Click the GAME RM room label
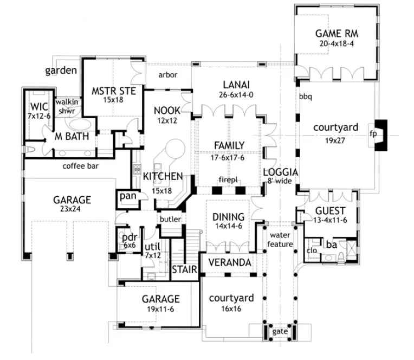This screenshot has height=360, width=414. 337,34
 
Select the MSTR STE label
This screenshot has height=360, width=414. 113,90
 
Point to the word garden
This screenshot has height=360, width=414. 61,70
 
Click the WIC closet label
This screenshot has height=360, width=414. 40,106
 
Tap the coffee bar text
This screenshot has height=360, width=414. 81,166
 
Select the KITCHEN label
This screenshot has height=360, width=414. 162,176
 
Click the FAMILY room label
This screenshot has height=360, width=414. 229,145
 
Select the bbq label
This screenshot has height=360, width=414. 305,97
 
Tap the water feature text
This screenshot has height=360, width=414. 281,240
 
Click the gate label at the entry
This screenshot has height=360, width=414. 280,331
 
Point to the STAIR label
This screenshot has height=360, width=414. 184,270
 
